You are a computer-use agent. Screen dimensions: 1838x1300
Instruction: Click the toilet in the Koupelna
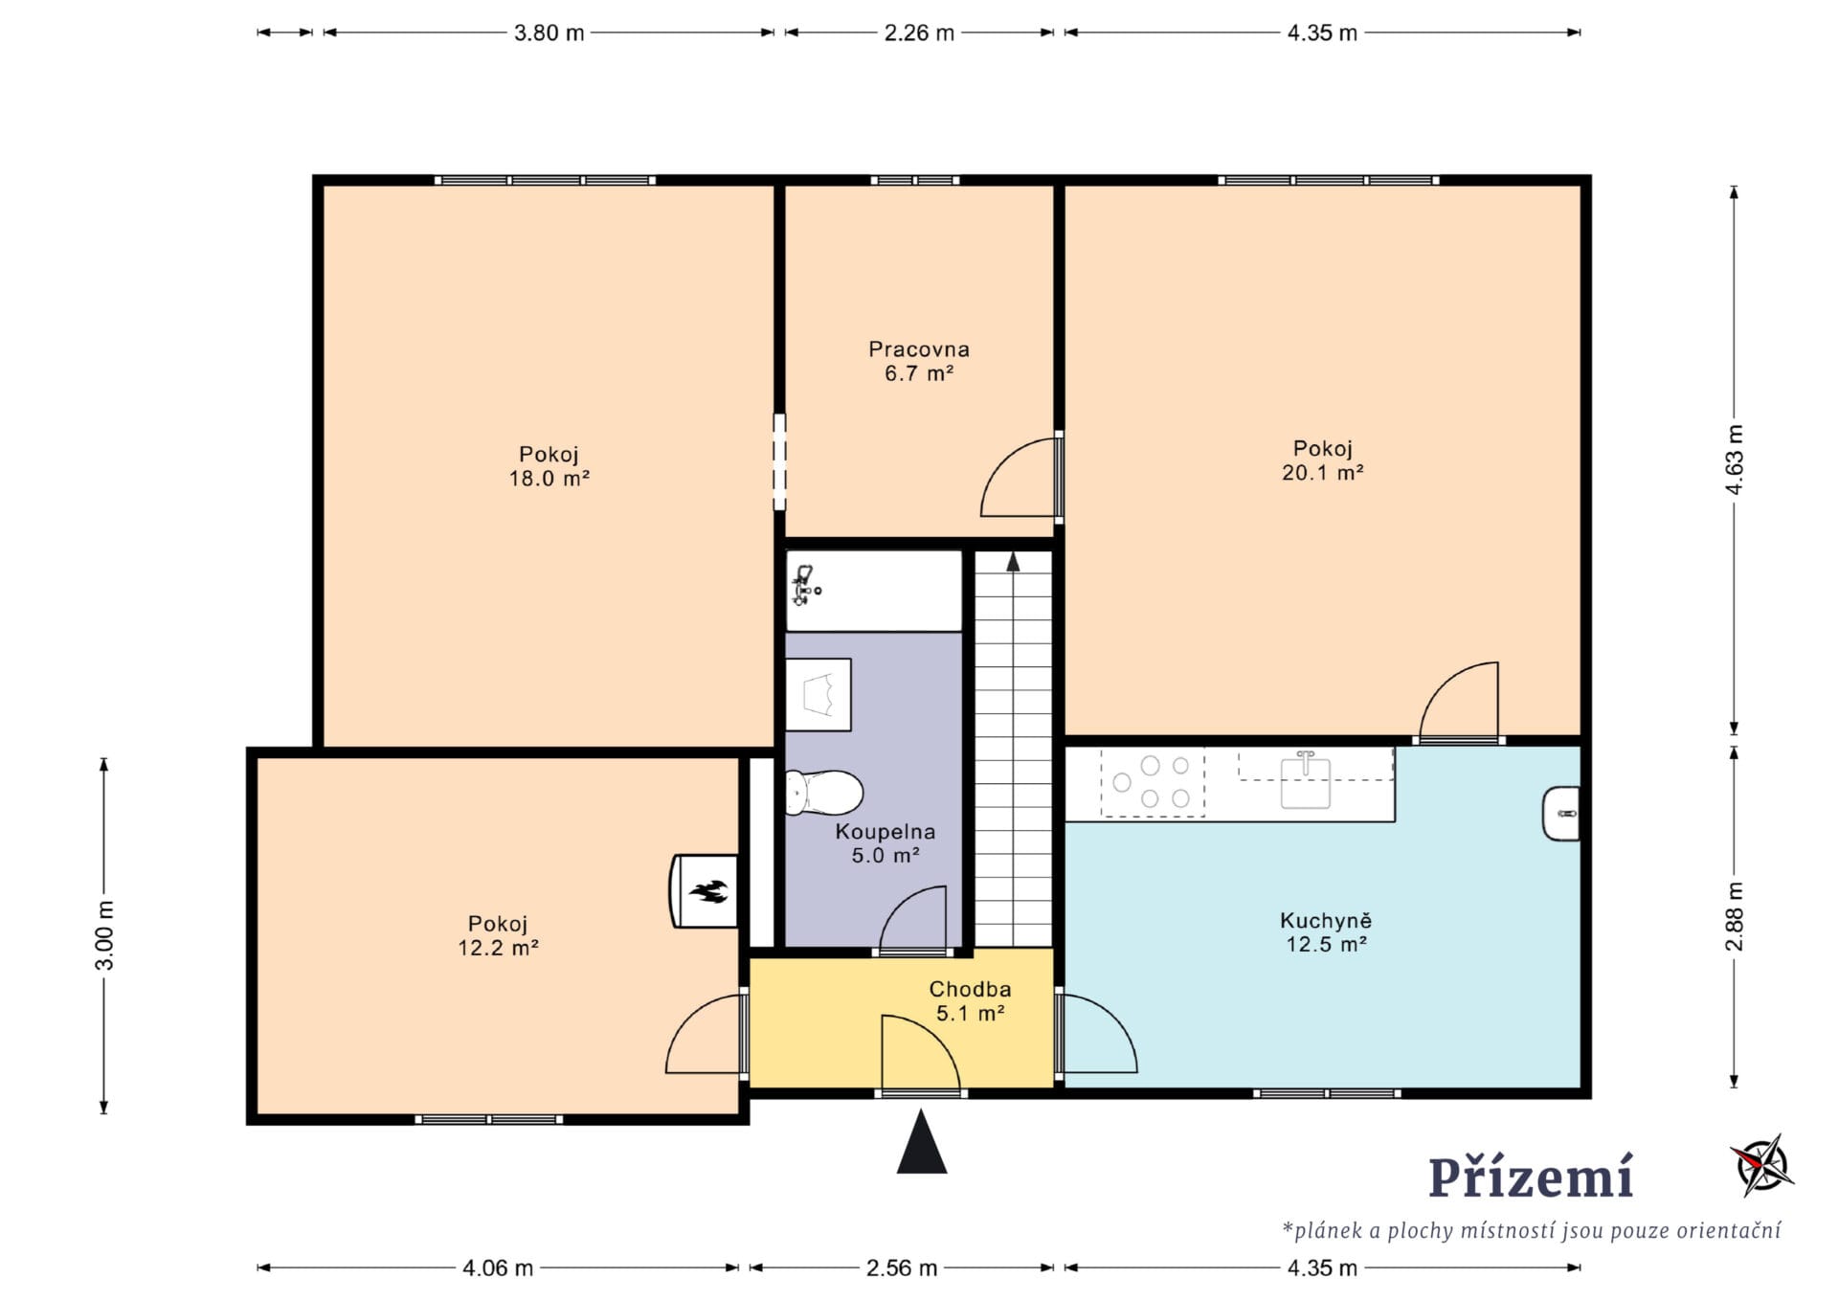click(x=824, y=793)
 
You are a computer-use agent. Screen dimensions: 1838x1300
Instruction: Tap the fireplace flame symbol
click(x=708, y=892)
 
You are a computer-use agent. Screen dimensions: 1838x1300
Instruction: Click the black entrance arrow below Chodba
click(x=922, y=1141)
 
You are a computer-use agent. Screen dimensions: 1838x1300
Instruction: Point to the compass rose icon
click(x=1762, y=1165)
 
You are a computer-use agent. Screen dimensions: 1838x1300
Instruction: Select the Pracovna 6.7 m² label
click(x=919, y=362)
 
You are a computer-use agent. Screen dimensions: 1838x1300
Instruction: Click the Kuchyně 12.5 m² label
click(x=1326, y=932)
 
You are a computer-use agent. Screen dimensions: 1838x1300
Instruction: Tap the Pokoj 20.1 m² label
click(x=1323, y=460)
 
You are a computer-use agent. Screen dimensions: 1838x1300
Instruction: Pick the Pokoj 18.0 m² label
click(x=549, y=466)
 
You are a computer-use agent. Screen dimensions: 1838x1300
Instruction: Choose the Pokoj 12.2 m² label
click(x=498, y=935)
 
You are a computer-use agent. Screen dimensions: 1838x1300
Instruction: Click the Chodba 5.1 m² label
click(x=970, y=1000)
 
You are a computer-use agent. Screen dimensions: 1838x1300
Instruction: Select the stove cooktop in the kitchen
click(x=1153, y=783)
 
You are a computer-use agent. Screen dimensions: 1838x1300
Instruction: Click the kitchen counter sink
click(x=1306, y=780)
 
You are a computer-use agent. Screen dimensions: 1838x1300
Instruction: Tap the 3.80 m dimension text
click(x=549, y=33)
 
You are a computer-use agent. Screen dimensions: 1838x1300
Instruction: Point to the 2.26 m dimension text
click(x=919, y=33)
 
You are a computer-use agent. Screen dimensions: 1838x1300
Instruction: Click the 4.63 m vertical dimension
click(x=1735, y=459)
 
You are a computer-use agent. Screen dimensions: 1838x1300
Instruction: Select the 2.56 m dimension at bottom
click(x=902, y=1268)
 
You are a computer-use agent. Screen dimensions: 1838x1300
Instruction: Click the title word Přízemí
click(x=1531, y=1177)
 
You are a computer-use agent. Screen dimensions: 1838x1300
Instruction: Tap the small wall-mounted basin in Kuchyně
click(x=1561, y=814)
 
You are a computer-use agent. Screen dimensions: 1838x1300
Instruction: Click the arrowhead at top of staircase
click(x=1013, y=561)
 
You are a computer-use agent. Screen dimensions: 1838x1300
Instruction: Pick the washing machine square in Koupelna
click(x=818, y=695)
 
